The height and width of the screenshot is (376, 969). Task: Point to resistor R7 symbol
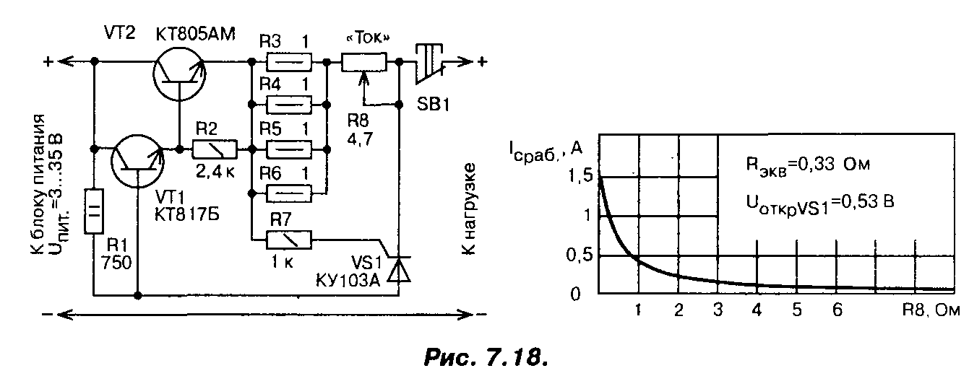pyautogui.click(x=288, y=239)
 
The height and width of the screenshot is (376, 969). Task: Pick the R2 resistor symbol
pyautogui.click(x=214, y=149)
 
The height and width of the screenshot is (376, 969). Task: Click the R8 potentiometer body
pyautogui.click(x=364, y=63)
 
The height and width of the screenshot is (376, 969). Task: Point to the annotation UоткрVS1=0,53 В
pyautogui.click(x=820, y=202)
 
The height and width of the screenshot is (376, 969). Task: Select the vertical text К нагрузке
pyautogui.click(x=469, y=210)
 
